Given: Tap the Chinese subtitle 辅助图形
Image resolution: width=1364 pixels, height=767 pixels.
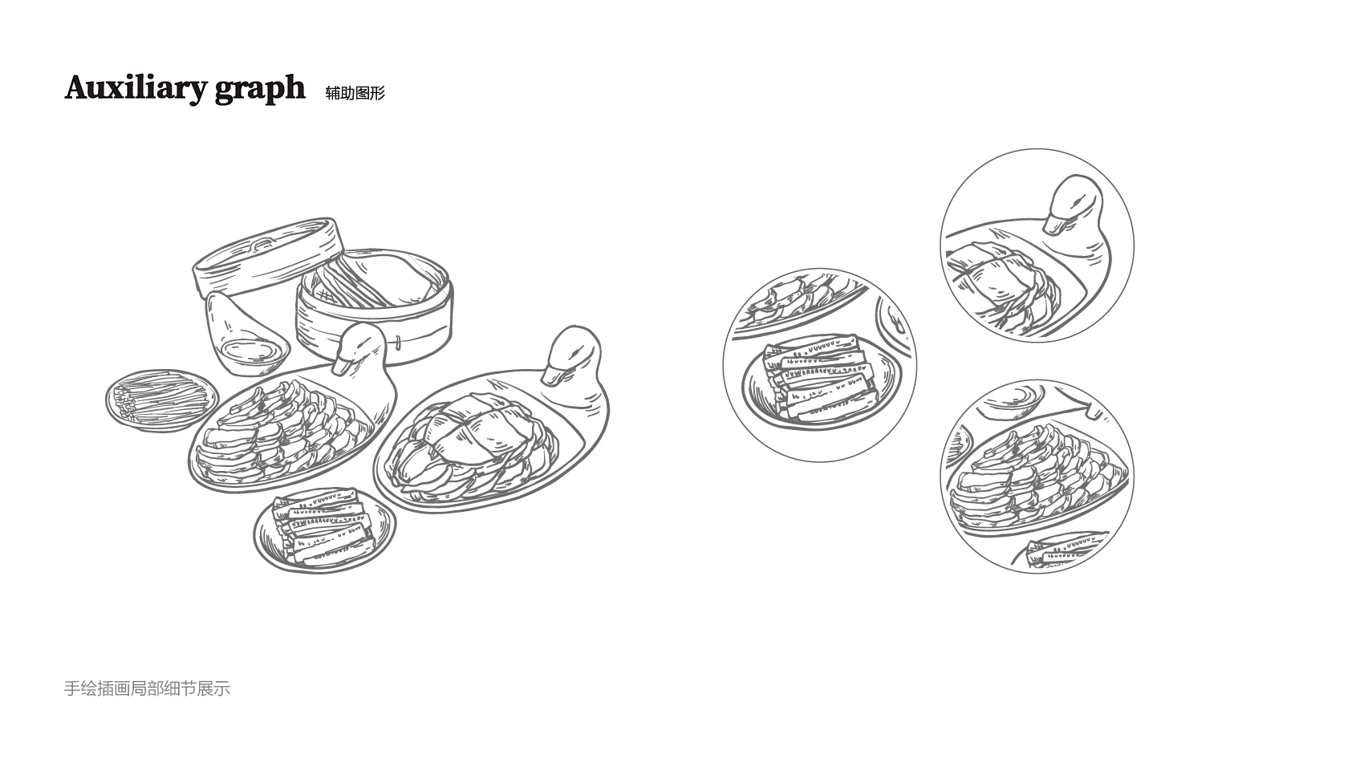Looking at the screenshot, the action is [355, 93].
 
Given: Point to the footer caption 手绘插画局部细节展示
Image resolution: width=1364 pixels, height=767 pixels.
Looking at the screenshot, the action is [147, 688].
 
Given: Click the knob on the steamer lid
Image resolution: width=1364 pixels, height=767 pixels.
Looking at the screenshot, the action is [263, 244].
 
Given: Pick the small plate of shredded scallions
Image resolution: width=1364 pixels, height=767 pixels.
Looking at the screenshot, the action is [161, 400].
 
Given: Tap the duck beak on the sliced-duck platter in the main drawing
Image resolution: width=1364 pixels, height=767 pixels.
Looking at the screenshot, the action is [342, 365].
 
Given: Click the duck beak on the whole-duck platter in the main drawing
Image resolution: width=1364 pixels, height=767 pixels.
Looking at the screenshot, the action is [554, 373].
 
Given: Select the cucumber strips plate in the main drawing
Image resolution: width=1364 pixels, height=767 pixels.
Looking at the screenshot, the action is [324, 530].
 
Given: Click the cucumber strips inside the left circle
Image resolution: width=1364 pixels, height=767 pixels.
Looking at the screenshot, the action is [819, 377].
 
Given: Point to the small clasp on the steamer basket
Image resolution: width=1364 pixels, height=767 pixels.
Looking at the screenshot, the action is [398, 343].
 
